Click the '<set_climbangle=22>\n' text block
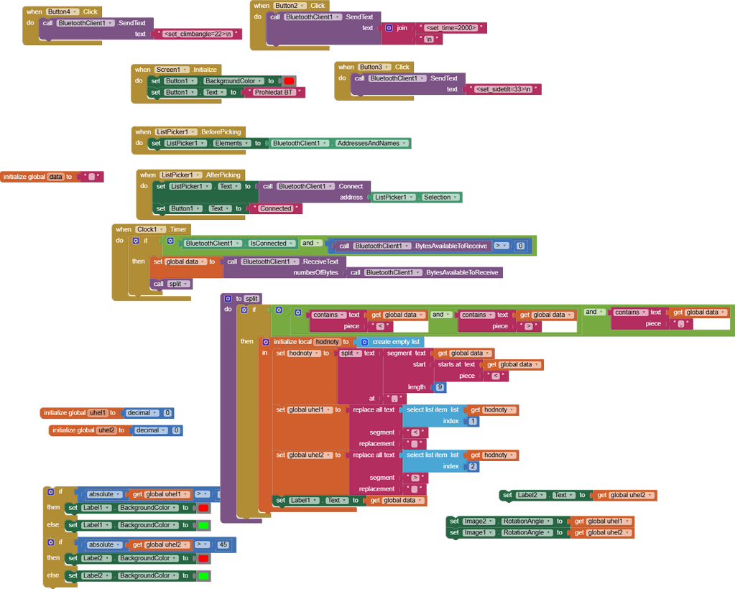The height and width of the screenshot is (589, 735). click(198, 34)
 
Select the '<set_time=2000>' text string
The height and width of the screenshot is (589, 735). click(452, 28)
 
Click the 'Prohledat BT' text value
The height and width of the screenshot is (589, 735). click(274, 93)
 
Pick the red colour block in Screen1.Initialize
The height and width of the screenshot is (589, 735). click(289, 81)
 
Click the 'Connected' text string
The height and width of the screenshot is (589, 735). click(275, 208)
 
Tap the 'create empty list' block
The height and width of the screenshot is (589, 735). click(392, 342)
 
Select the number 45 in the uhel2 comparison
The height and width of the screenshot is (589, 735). click(223, 544)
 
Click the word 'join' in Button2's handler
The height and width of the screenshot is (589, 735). click(402, 28)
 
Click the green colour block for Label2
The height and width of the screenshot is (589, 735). click(203, 575)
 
